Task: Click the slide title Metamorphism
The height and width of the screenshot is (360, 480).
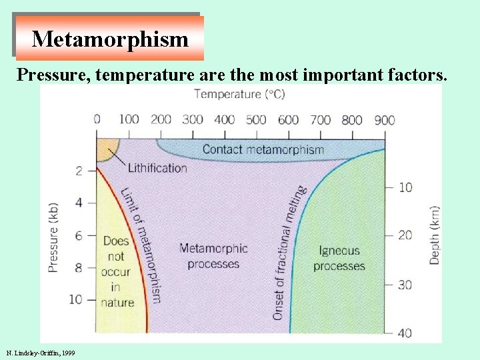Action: [110, 39]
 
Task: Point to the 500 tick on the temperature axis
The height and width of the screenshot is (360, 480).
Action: [256, 120]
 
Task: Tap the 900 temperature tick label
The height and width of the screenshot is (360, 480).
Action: [384, 120]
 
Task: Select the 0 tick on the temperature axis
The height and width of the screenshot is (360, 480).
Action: [97, 120]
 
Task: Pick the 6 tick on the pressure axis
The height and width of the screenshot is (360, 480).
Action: [78, 235]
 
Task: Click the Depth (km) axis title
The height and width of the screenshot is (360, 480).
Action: [434, 235]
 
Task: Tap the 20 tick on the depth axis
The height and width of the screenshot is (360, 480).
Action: [405, 235]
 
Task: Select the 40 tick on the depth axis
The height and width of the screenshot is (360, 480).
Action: [405, 333]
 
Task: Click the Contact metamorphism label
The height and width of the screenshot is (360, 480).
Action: [263, 149]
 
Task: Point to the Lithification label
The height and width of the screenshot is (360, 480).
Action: [157, 167]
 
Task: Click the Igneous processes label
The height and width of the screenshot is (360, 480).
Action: [339, 259]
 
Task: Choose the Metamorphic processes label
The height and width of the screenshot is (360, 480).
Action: [213, 256]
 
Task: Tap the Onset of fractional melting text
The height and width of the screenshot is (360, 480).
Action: [288, 252]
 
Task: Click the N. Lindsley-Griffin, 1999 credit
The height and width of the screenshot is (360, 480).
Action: [40, 352]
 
